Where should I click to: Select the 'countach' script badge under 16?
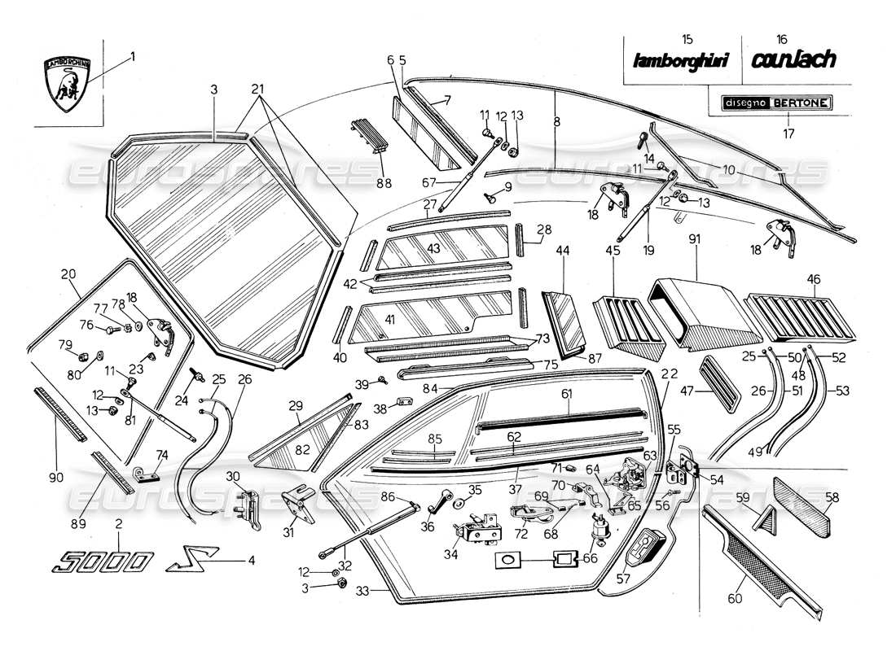[x=793, y=59]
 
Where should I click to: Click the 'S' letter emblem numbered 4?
[x=189, y=561]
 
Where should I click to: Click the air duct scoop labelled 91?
[x=696, y=313]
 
